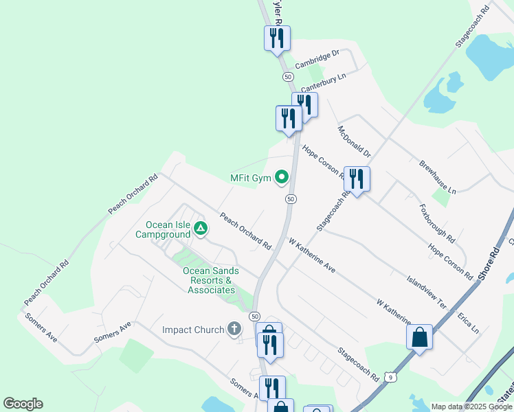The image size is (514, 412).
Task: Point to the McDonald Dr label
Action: [x=354, y=141]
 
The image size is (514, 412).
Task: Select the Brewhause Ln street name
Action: [x=438, y=176]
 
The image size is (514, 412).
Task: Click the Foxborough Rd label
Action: [x=436, y=224]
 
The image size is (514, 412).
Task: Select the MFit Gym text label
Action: [x=250, y=178]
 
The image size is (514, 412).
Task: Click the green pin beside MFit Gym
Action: [x=281, y=179]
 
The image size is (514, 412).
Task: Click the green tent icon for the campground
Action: [x=200, y=227]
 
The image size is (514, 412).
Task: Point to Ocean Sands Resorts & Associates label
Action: [x=211, y=280]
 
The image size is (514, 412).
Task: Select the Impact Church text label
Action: [x=193, y=330]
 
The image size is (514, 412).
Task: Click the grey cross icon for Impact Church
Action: [x=234, y=329]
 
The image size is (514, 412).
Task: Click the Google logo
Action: [x=23, y=404]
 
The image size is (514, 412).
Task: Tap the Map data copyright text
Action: [x=471, y=407]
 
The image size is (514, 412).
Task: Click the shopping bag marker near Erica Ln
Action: [x=419, y=337]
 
